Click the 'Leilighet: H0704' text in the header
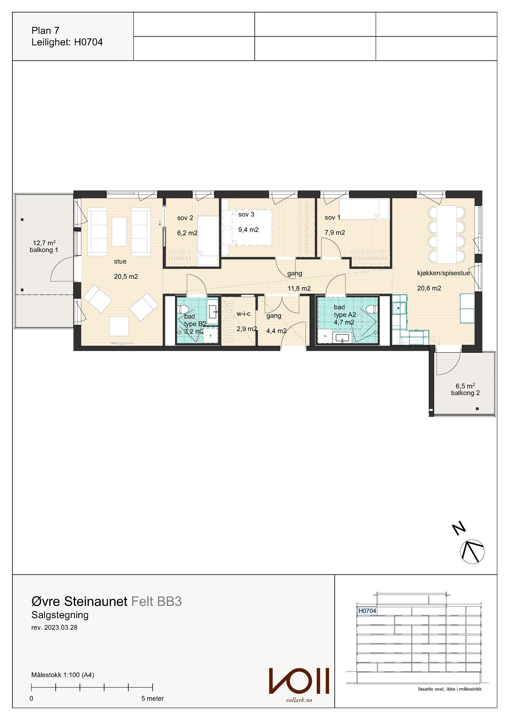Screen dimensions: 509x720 click(67, 42)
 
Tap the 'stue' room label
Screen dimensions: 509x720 click(120, 261)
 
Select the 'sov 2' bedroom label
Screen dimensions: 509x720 click(185, 218)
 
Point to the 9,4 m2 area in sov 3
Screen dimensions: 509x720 click(248, 229)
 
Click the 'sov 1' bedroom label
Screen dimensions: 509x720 click(332, 217)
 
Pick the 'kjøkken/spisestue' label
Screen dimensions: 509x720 click(443, 273)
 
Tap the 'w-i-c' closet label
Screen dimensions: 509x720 click(243, 314)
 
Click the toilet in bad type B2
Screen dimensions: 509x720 click(184, 309)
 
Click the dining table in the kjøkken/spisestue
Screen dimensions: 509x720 click(447, 235)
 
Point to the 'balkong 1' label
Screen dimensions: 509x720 click(44, 250)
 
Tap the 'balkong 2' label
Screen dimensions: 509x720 click(465, 393)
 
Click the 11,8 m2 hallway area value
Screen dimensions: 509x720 click(299, 288)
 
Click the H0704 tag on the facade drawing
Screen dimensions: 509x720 click(367, 611)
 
